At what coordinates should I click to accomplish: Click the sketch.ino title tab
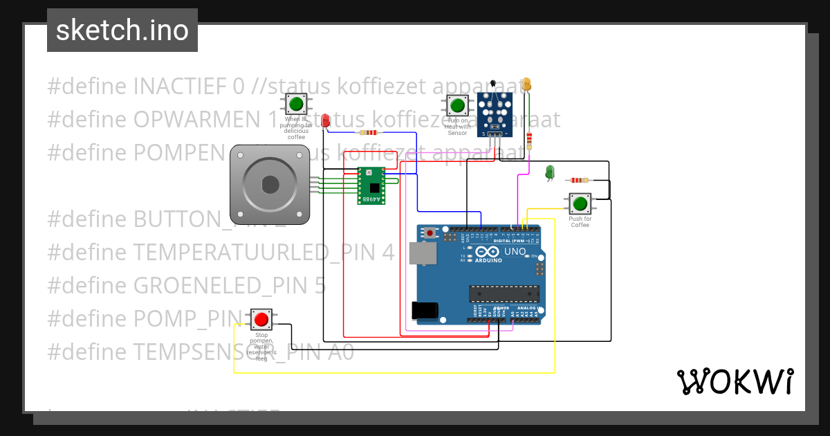coord(122,30)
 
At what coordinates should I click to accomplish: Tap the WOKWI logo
coord(735,381)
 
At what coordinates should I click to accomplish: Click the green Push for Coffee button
coord(580,203)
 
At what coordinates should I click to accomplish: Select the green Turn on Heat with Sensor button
coord(456,106)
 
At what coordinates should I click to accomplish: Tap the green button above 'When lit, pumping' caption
coord(296,105)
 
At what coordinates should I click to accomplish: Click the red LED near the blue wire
coord(326,120)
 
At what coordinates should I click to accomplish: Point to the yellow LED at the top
coord(526,84)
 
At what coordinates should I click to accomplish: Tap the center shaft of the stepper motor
coord(270,185)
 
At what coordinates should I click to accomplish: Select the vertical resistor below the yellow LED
coord(529,140)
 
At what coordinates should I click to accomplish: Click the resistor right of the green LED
coord(578,180)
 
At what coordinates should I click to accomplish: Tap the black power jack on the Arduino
coord(423,311)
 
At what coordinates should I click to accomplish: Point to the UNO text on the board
coord(515,251)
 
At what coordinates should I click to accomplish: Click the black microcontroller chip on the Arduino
coord(503,293)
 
